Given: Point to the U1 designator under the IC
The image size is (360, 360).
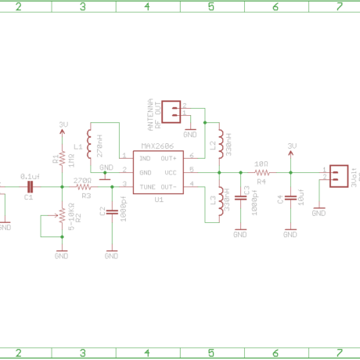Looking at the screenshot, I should click(158, 200).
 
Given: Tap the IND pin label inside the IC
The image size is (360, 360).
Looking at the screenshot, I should click(145, 158).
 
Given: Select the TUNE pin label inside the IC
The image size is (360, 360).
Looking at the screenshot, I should click(147, 186).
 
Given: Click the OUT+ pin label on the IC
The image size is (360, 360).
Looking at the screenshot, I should click(169, 158).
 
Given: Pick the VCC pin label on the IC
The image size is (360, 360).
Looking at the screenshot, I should click(171, 172).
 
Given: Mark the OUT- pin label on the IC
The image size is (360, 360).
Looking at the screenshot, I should click(169, 186).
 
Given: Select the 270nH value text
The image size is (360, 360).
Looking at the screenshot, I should click(99, 146).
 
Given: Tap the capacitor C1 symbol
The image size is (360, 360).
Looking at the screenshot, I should click(30, 186).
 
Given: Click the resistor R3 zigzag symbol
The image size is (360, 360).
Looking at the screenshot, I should click(83, 186).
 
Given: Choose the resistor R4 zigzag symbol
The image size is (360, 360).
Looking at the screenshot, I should click(263, 172).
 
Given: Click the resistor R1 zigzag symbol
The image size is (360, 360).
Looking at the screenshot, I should click(62, 160).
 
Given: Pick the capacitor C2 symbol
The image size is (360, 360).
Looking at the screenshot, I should click(111, 211).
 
